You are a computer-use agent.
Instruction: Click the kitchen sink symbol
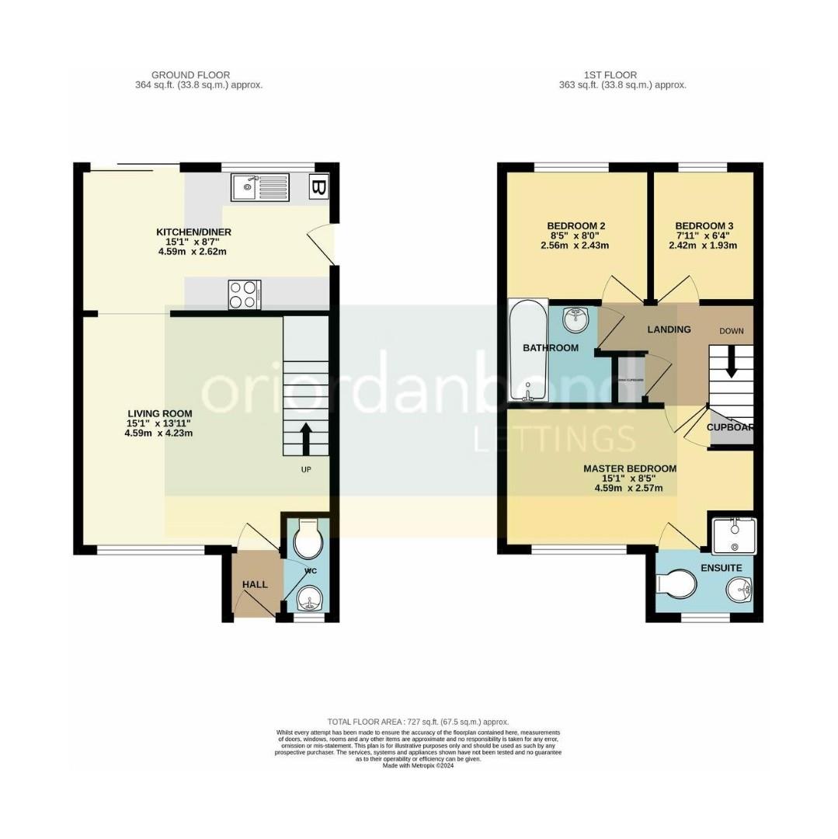click(260, 186)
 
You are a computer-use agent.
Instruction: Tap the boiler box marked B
click(318, 186)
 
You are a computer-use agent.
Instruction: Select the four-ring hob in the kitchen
click(244, 294)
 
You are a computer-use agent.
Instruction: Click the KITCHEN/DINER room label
click(193, 232)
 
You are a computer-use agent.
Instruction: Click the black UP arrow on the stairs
click(305, 438)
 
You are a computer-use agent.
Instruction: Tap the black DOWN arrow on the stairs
click(730, 363)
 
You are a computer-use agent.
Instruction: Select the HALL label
click(255, 584)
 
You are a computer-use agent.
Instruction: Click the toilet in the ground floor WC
click(309, 539)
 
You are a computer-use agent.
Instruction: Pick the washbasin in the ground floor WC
click(309, 598)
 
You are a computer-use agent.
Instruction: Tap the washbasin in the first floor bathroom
click(575, 315)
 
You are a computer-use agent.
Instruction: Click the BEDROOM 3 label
click(704, 226)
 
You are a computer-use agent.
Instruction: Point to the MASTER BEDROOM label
click(630, 468)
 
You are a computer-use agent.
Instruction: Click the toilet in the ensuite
click(673, 584)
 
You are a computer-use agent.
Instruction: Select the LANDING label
click(669, 329)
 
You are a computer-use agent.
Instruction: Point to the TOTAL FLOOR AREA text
click(418, 722)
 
